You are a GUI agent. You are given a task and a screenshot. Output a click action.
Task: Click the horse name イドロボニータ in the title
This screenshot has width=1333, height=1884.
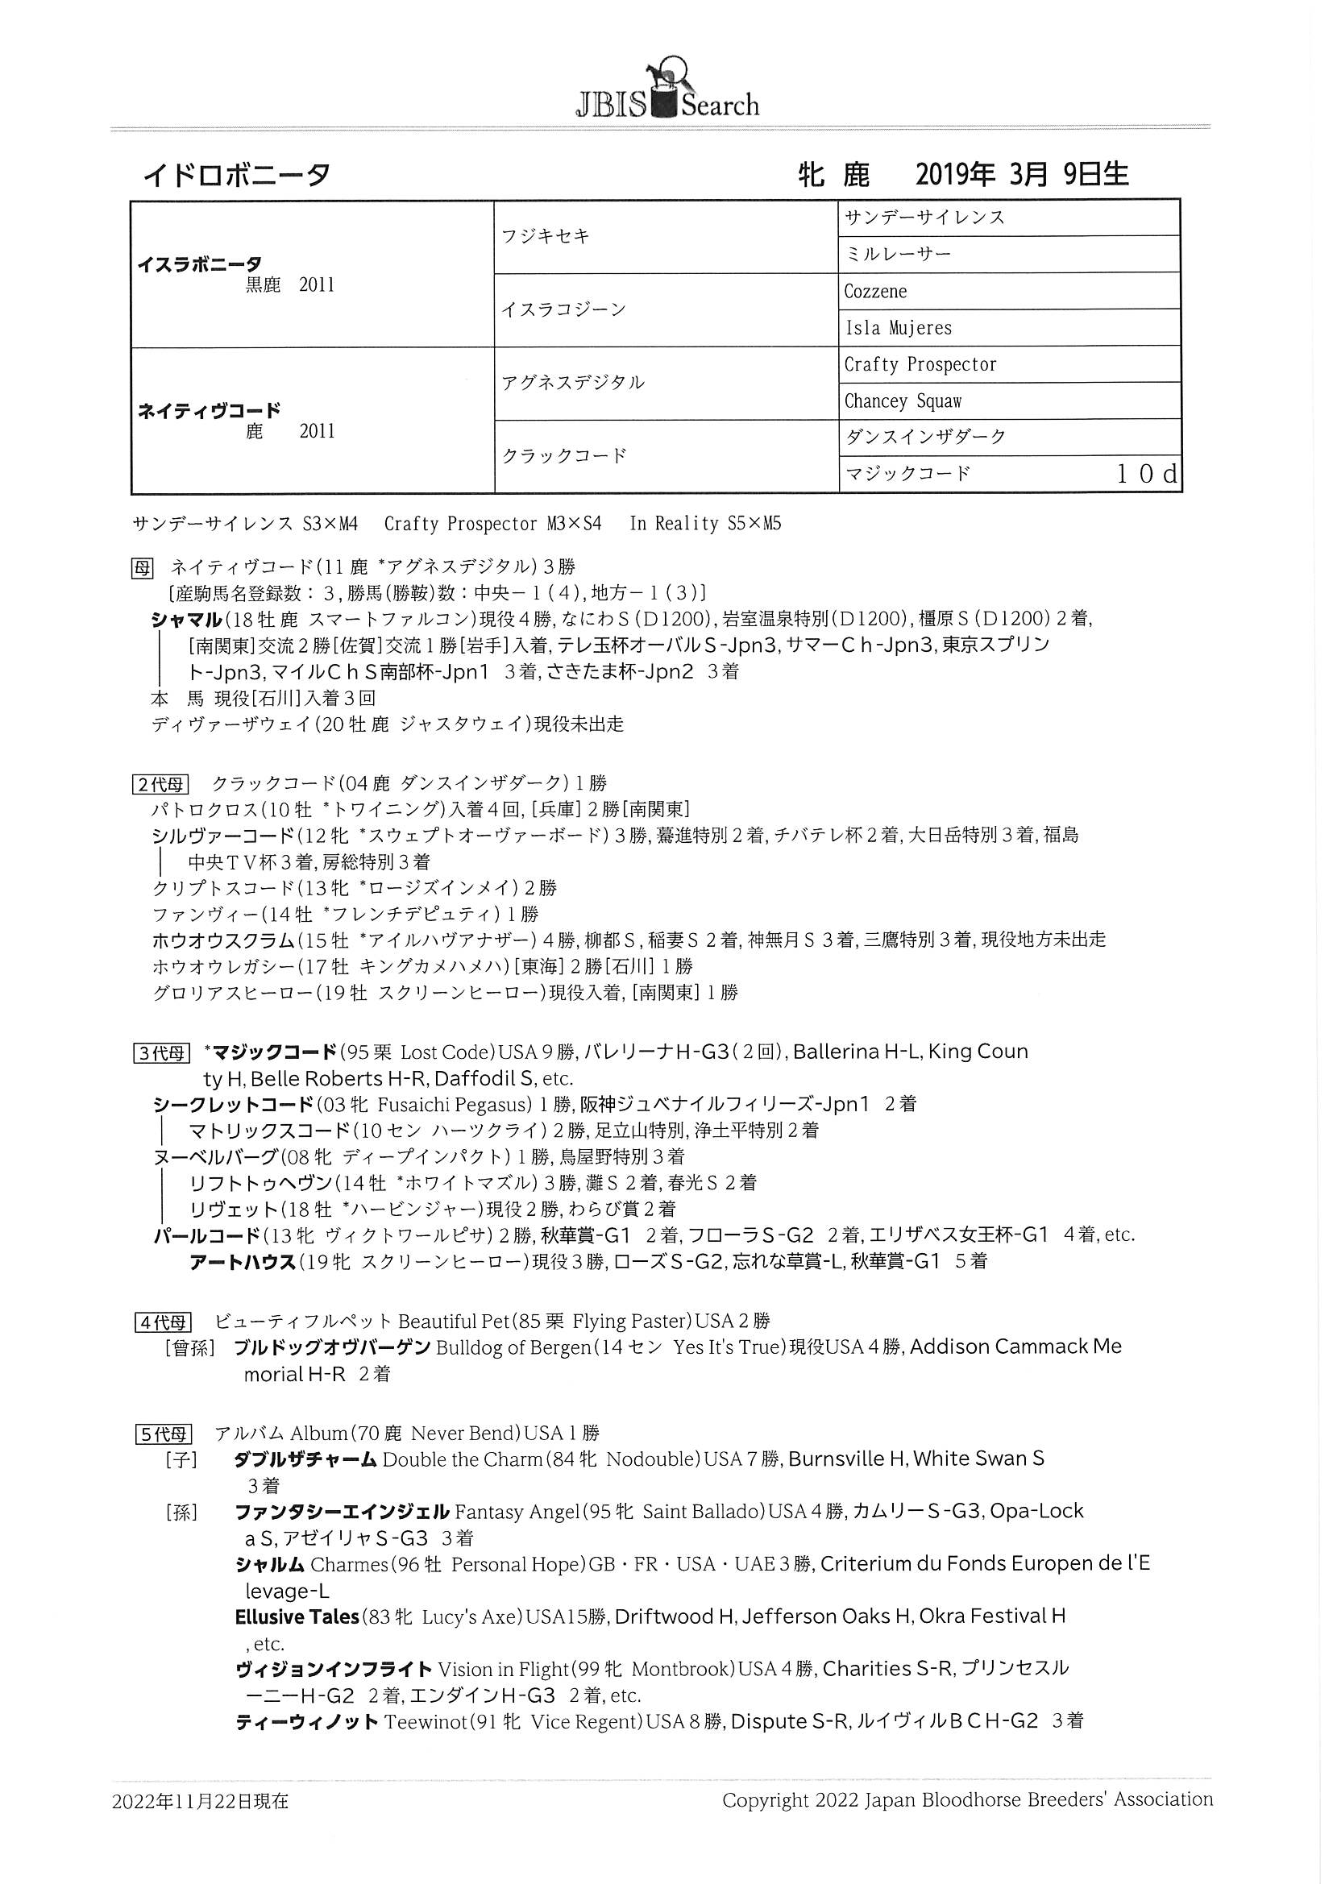[x=237, y=175]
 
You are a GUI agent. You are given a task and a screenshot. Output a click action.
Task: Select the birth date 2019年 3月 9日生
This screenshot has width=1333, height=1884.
[x=1021, y=174]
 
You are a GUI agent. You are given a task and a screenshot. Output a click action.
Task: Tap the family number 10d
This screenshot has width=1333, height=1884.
[x=1147, y=474]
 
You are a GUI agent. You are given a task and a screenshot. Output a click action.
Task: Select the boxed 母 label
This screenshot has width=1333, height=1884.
[x=142, y=567]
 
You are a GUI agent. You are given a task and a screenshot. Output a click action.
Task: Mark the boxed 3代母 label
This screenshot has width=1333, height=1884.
[x=161, y=1052]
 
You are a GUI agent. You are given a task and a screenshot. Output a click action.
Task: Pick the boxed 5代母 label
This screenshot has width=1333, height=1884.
[x=163, y=1434]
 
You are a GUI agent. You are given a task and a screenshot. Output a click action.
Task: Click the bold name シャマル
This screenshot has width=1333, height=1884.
[x=186, y=619]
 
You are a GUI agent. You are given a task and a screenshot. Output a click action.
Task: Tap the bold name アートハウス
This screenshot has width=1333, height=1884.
[x=242, y=1262]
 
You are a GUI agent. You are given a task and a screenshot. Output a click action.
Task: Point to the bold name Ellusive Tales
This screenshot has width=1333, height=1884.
[x=297, y=1617]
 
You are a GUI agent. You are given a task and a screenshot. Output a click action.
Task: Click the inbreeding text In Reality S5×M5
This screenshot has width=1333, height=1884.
[x=705, y=524]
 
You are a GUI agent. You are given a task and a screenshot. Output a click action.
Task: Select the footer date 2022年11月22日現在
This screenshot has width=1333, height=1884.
[x=201, y=1801]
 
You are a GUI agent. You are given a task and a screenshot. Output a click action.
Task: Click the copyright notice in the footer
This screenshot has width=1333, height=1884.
[x=967, y=1800]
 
